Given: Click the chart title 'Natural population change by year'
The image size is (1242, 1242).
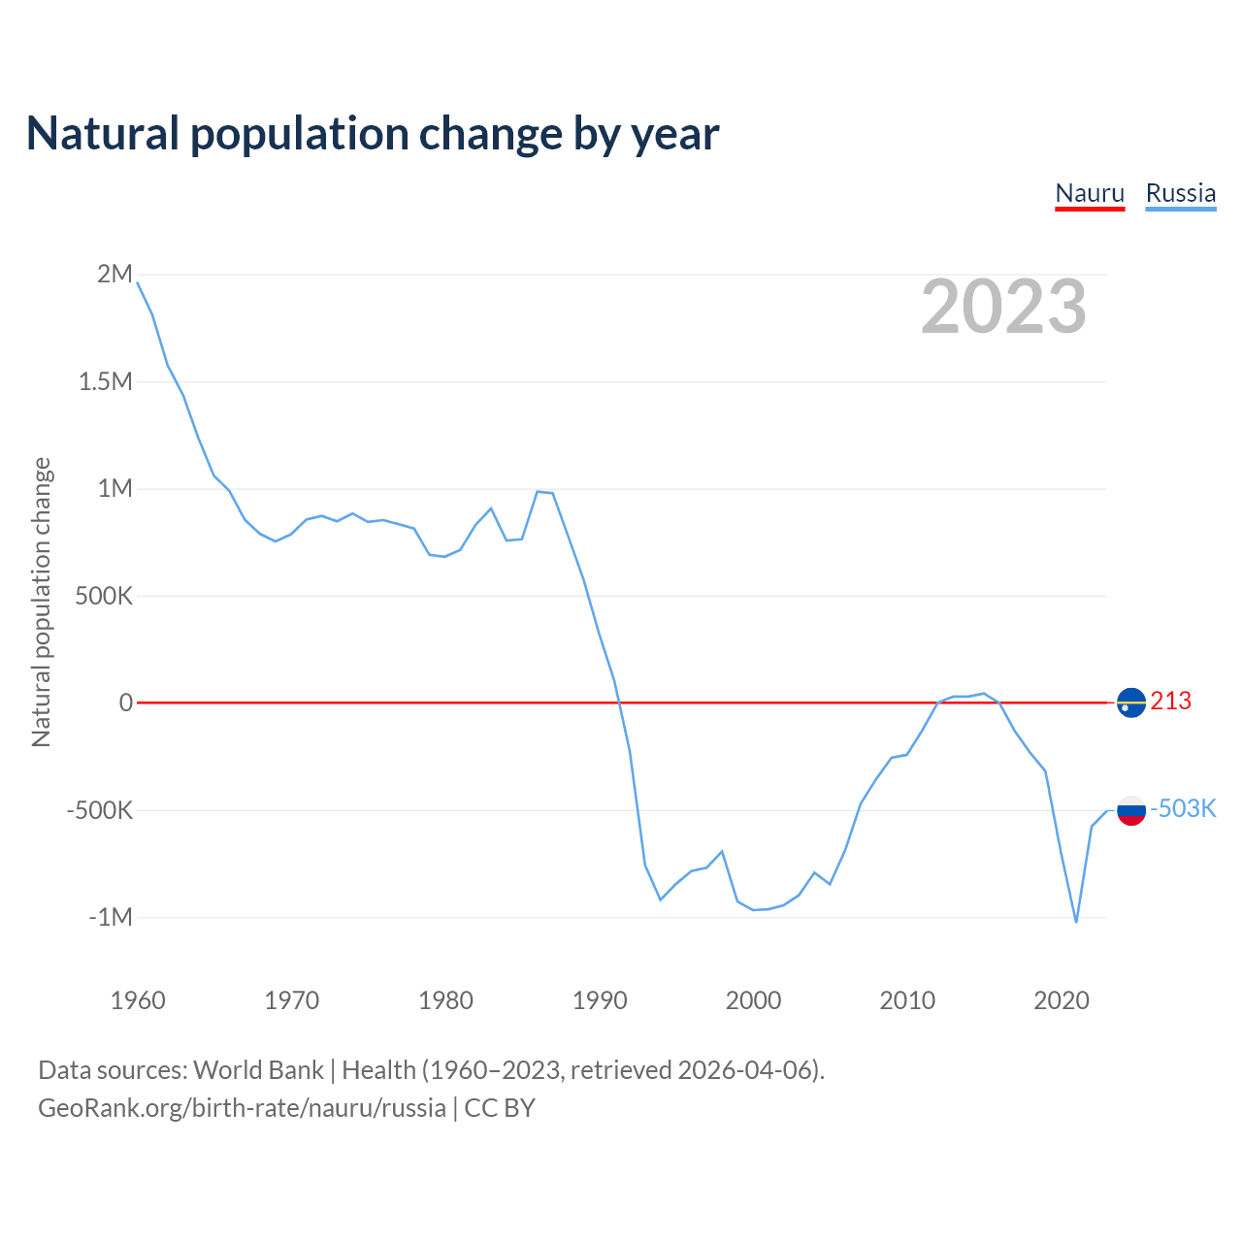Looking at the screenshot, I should (x=373, y=134).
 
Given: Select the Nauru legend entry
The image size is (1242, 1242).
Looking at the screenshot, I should (x=1090, y=193).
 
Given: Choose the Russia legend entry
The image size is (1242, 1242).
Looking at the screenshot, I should (x=1180, y=193).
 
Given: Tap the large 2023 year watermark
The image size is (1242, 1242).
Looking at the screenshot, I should (x=1003, y=307).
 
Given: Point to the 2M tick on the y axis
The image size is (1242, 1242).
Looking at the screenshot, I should (x=114, y=274).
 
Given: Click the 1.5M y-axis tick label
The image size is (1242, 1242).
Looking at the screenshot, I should (x=105, y=381).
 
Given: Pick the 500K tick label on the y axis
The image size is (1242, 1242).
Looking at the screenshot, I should (x=103, y=596).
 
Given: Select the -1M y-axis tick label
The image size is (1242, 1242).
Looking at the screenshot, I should (x=110, y=917).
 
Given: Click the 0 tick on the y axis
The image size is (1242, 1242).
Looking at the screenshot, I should (x=125, y=703).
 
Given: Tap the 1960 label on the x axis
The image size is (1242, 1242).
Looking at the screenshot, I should (x=138, y=1000).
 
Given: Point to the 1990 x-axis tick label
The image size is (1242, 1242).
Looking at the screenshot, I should (x=600, y=1000).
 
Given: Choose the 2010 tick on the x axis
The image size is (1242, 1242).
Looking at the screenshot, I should (x=907, y=1000).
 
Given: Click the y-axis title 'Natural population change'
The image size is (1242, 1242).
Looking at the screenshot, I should (x=41, y=602).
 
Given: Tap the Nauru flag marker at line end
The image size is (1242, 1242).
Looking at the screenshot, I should (x=1131, y=702).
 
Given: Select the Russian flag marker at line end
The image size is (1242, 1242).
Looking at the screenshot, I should (x=1131, y=809).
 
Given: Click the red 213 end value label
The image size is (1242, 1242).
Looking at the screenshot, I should (x=1170, y=701).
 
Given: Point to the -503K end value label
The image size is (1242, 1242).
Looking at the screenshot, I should (x=1182, y=808).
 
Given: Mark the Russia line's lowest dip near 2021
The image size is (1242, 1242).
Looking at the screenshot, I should (x=1076, y=921).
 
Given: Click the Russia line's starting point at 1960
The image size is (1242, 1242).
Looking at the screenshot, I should (x=138, y=282).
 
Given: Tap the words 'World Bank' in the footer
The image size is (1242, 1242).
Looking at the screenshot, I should (x=258, y=1070).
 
